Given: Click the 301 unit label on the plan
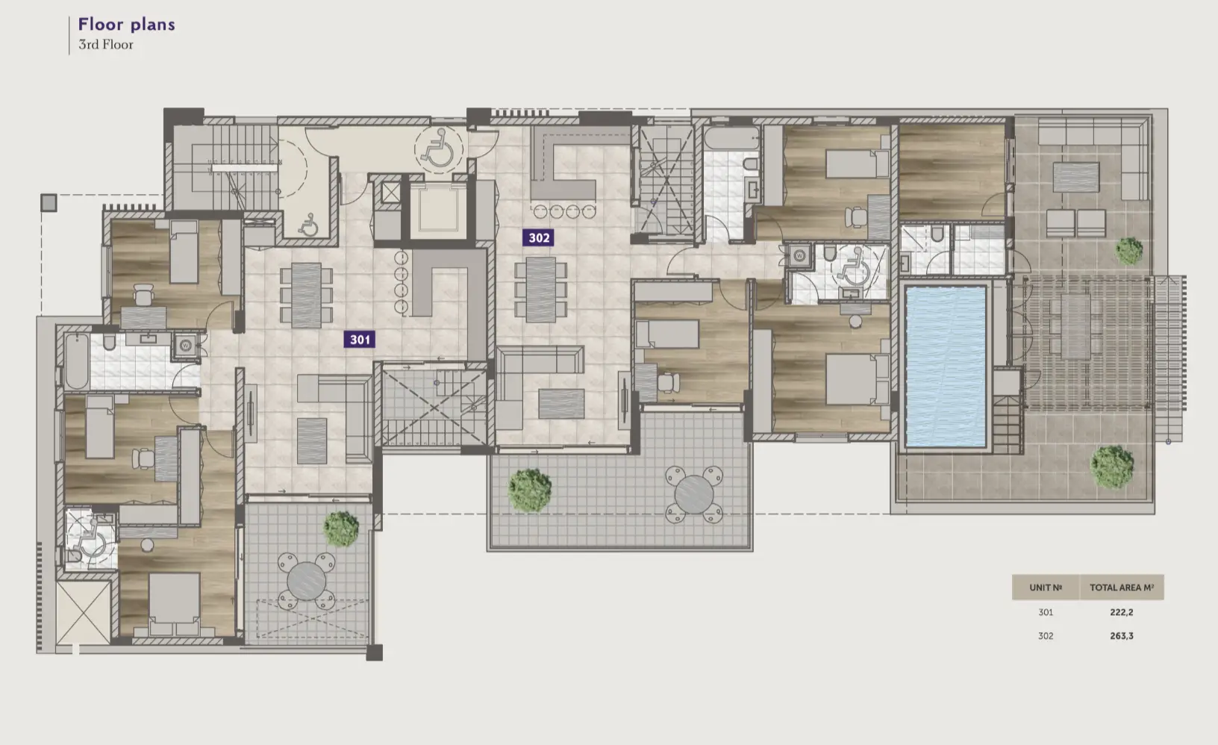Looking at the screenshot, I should click(360, 340).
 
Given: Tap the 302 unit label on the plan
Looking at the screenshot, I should click(539, 238).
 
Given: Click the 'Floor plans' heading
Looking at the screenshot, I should click(127, 25).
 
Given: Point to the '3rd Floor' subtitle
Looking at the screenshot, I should click(106, 45).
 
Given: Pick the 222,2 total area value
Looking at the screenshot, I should click(1121, 612).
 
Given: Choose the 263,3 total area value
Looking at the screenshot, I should click(1121, 636).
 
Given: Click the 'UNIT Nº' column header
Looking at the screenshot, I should click(1045, 587).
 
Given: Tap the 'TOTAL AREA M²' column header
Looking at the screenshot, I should click(1121, 587).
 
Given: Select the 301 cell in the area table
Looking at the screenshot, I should click(1045, 612).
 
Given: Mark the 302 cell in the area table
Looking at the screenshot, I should click(1045, 636).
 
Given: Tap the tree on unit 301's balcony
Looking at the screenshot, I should click(341, 527).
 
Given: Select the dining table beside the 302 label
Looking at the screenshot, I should click(540, 289).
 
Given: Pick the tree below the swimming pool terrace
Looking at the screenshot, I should click(1111, 466).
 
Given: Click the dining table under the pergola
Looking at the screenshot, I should click(1074, 326).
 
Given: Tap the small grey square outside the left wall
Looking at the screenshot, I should click(49, 202).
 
